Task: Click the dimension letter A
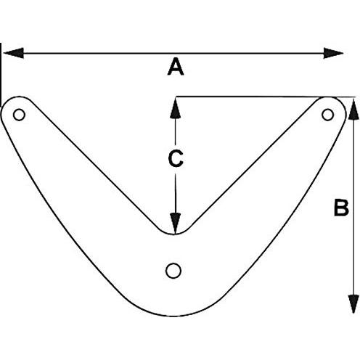pyautogui.click(x=176, y=67)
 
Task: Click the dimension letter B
pyautogui.click(x=341, y=207)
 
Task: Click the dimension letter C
pyautogui.click(x=176, y=158)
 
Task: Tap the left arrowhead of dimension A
pyautogui.click(x=14, y=53)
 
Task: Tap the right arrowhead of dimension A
pyautogui.click(x=333, y=53)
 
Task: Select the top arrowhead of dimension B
pyautogui.click(x=353, y=109)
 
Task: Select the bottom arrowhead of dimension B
pyautogui.click(x=353, y=304)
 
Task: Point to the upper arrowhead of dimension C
pyautogui.click(x=176, y=108)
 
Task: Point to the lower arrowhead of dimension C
pyautogui.click(x=176, y=224)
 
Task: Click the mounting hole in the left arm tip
pyautogui.click(x=19, y=115)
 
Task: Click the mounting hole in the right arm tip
pyautogui.click(x=328, y=115)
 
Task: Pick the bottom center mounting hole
pyautogui.click(x=173, y=271)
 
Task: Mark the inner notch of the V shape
pyautogui.click(x=175, y=234)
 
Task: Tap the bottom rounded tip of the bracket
pyautogui.click(x=173, y=316)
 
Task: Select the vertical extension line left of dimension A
pyautogui.click(x=1, y=75)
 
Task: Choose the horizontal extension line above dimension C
pyautogui.click(x=266, y=97)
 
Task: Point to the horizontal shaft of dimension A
pyautogui.click(x=173, y=53)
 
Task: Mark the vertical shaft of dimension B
pyautogui.click(x=353, y=206)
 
